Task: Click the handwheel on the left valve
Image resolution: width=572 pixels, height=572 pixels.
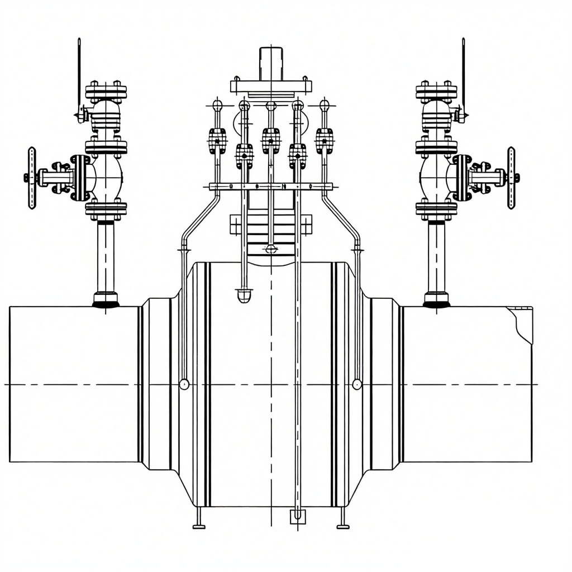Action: pyautogui.click(x=32, y=178)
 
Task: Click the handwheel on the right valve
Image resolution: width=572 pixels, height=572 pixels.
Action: pyautogui.click(x=511, y=178)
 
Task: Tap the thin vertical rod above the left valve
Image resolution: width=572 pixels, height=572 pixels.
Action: pyautogui.click(x=79, y=73)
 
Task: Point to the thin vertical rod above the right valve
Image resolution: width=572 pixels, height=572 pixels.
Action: pyautogui.click(x=464, y=73)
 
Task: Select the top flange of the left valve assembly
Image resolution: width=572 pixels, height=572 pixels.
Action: pyautogui.click(x=106, y=91)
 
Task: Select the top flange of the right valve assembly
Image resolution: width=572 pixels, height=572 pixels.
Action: pyautogui.click(x=436, y=91)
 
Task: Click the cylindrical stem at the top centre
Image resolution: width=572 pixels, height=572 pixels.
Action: pyautogui.click(x=271, y=63)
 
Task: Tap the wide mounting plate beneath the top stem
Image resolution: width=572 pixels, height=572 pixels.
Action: pyautogui.click(x=271, y=87)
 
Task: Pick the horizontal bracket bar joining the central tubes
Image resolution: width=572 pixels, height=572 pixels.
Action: pyautogui.click(x=271, y=187)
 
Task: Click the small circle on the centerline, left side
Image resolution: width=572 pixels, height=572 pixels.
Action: pyautogui.click(x=184, y=384)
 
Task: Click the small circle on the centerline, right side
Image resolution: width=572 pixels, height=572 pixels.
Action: pyautogui.click(x=357, y=384)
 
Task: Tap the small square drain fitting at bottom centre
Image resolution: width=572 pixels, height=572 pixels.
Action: pyautogui.click(x=298, y=517)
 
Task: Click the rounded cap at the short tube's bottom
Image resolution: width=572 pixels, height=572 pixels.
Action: pyautogui.click(x=244, y=295)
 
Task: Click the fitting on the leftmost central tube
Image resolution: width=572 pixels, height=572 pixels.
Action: pyautogui.click(x=217, y=140)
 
